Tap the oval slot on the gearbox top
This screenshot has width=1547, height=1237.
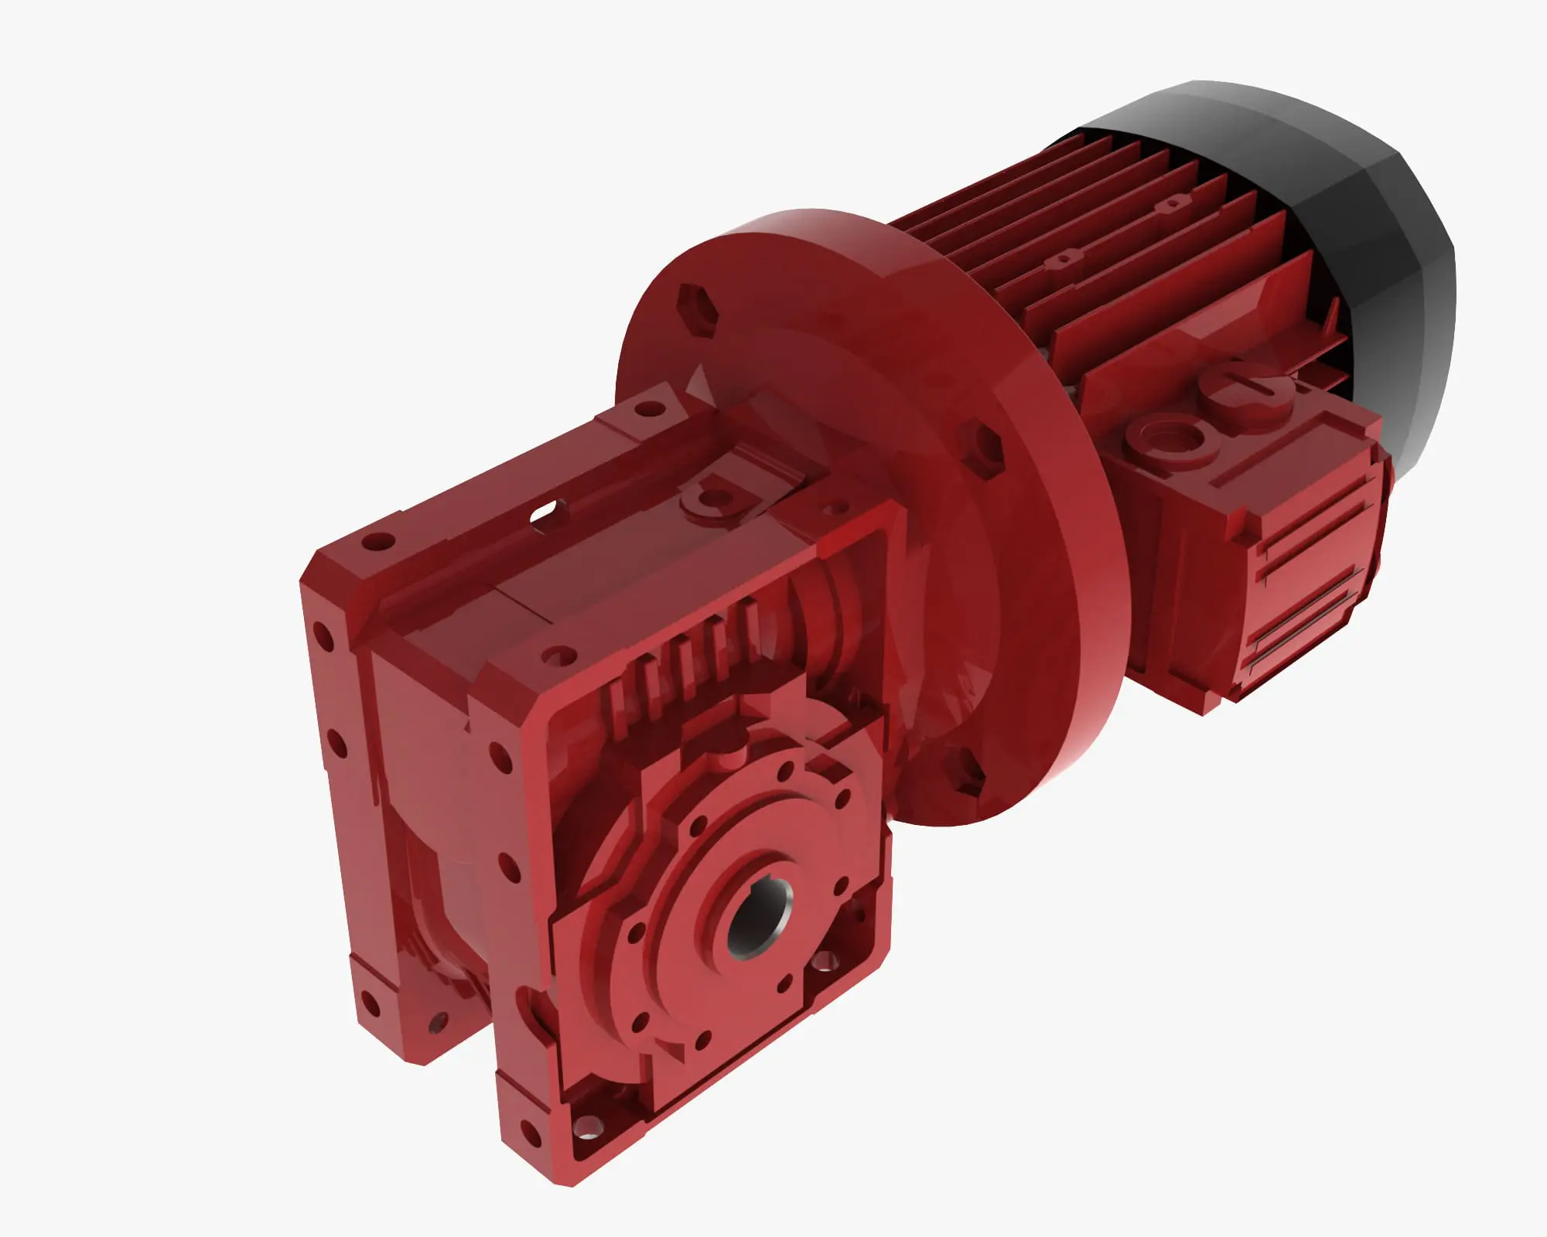pos(547,510)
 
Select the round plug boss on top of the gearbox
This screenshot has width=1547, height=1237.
pos(708,496)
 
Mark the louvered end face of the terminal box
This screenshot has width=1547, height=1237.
pos(1307,588)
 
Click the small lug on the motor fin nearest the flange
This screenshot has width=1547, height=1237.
pos(1065,260)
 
